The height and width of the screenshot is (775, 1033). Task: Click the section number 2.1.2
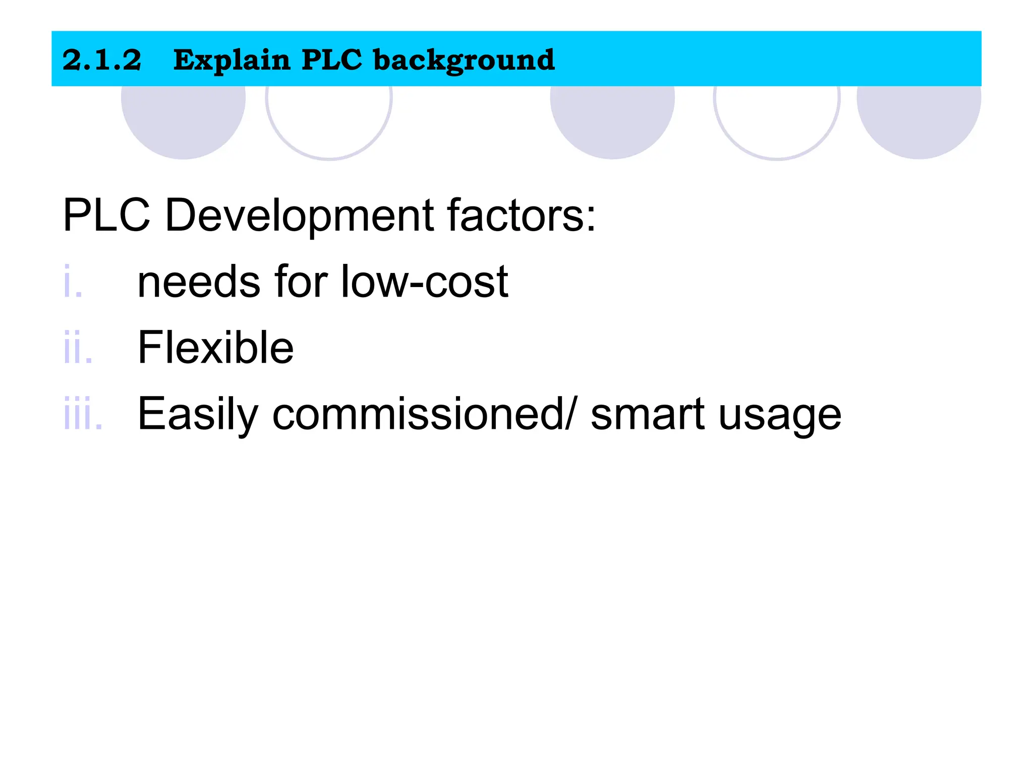pos(102,60)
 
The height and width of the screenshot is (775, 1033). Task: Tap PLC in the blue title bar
pos(332,60)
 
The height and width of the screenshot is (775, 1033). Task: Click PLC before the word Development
pos(106,215)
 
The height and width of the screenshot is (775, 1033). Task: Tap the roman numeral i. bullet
pos(73,282)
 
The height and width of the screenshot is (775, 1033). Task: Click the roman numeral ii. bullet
pos(78,348)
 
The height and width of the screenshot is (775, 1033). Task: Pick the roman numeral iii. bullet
pos(83,414)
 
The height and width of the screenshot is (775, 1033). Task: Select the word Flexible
pos(215,348)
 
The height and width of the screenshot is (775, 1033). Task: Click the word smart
pos(647,414)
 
